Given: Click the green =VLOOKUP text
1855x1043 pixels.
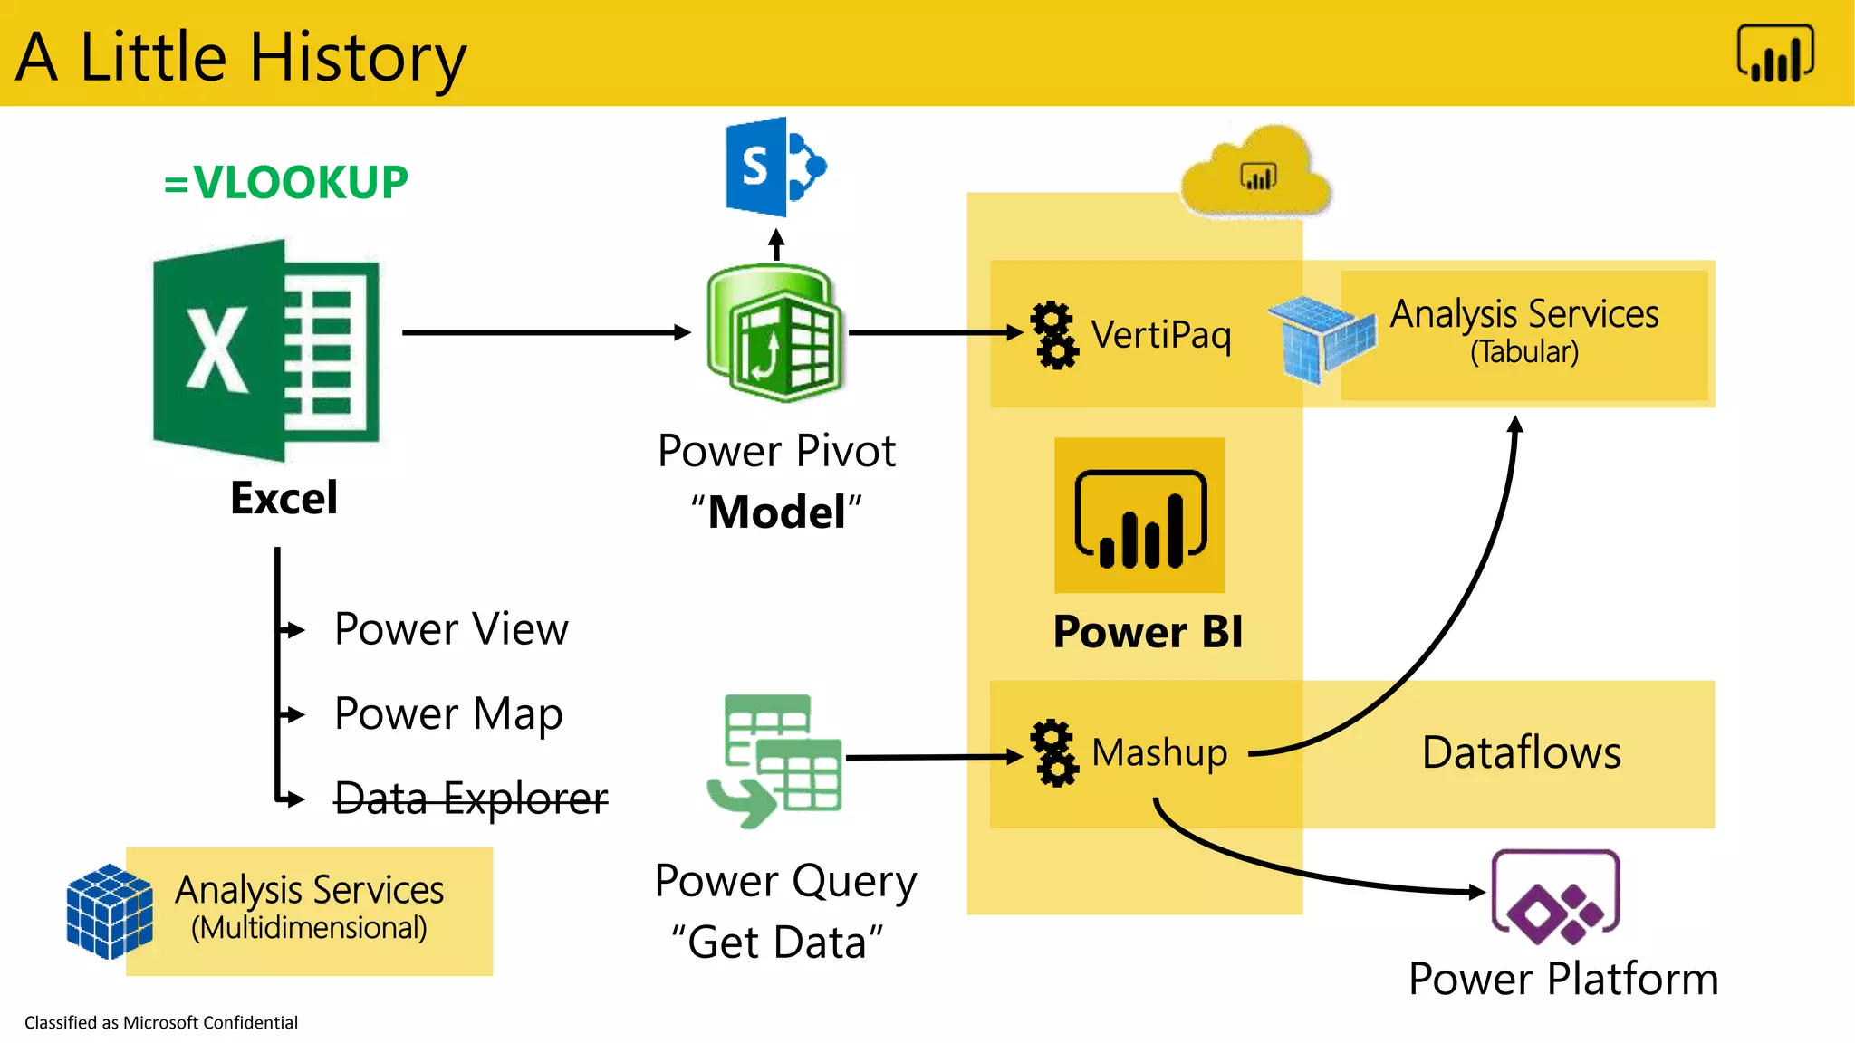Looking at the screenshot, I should pyautogui.click(x=286, y=182).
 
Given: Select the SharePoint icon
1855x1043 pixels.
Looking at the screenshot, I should pyautogui.click(x=775, y=167).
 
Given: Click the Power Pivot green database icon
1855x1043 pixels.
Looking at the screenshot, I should pyautogui.click(x=774, y=332).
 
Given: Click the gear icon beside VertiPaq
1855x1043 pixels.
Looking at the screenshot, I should pyautogui.click(x=1054, y=335).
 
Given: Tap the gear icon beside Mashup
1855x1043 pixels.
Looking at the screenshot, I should pyautogui.click(x=1054, y=753).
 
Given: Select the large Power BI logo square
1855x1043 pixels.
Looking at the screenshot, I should pyautogui.click(x=1139, y=516).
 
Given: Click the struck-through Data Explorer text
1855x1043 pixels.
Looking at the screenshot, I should pyautogui.click(x=471, y=799).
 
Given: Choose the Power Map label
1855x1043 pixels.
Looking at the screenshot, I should pyautogui.click(x=448, y=713).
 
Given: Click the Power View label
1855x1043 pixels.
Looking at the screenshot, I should pyautogui.click(x=451, y=629).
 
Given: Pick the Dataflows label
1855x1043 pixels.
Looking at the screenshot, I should pyautogui.click(x=1522, y=753).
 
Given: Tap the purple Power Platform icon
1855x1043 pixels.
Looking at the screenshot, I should pyautogui.click(x=1555, y=898).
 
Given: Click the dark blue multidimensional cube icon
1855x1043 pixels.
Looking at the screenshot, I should pyautogui.click(x=110, y=911).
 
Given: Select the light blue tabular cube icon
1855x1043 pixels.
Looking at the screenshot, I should pyautogui.click(x=1322, y=339).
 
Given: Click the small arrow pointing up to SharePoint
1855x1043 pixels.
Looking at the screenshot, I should pyautogui.click(x=776, y=244).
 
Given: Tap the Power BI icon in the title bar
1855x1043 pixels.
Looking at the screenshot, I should pyautogui.click(x=1775, y=53).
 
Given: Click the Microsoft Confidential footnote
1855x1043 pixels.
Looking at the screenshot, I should pyautogui.click(x=161, y=1022).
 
